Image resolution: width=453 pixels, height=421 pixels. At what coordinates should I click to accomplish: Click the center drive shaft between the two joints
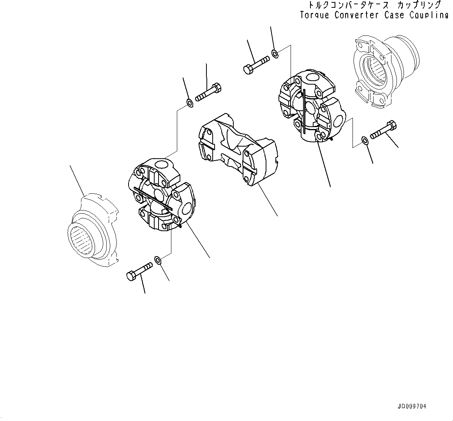[x=238, y=150]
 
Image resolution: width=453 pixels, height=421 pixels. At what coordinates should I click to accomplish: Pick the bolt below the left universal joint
[x=139, y=271]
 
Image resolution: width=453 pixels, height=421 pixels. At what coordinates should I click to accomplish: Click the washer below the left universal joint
[x=158, y=260]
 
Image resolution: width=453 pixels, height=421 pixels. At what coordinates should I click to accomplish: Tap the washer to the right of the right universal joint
[x=364, y=140]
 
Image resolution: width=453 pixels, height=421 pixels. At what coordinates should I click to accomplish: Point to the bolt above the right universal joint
[x=256, y=65]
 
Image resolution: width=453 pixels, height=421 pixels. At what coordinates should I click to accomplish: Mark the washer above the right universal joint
[x=275, y=53]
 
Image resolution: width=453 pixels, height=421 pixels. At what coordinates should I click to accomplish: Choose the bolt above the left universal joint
[x=208, y=92]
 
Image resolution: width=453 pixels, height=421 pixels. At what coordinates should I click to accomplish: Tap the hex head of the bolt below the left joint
[x=131, y=276]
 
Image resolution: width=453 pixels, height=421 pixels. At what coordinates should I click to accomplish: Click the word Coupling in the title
[x=429, y=15]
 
